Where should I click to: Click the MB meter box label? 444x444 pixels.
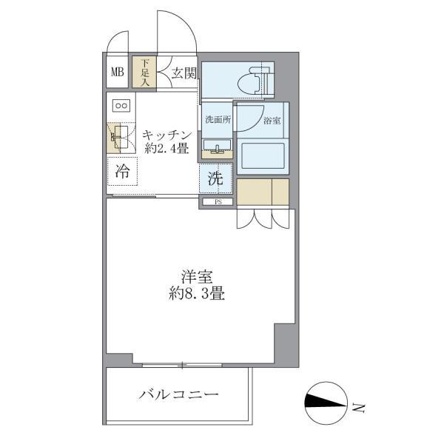click(118, 73)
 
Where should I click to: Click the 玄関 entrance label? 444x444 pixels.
click(184, 73)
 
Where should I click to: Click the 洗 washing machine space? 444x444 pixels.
click(215, 178)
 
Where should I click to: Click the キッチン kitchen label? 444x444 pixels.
click(167, 135)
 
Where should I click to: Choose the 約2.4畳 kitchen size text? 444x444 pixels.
click(167, 149)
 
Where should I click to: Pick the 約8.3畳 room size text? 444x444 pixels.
click(196, 294)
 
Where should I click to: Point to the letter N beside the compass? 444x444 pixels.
click(358, 406)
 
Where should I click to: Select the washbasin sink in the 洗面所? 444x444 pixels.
click(218, 146)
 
